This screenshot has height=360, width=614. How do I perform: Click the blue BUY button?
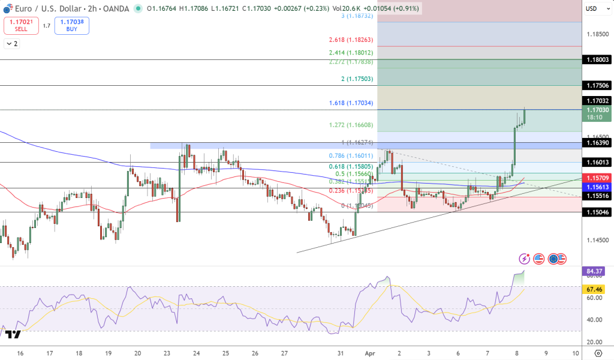coord(72,25)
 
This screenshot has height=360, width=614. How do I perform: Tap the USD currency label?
coord(591,8)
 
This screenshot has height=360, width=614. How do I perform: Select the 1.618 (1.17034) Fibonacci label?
coord(351,103)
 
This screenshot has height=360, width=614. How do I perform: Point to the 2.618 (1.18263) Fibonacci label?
coord(351,40)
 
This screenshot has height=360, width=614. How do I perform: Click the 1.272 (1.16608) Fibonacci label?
coord(351,125)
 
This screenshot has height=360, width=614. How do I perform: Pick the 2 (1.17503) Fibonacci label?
coord(357,79)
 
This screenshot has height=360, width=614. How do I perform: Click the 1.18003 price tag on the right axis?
coord(598,60)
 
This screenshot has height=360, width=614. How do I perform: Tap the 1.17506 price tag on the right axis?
coord(598,86)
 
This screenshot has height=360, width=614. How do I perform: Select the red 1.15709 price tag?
coord(598,178)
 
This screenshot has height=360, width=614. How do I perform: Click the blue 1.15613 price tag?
coord(598,187)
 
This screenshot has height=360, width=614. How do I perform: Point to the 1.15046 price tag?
coord(598,212)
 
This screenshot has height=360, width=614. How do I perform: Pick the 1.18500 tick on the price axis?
coord(597,34)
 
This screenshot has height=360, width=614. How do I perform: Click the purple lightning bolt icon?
coord(525,259)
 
